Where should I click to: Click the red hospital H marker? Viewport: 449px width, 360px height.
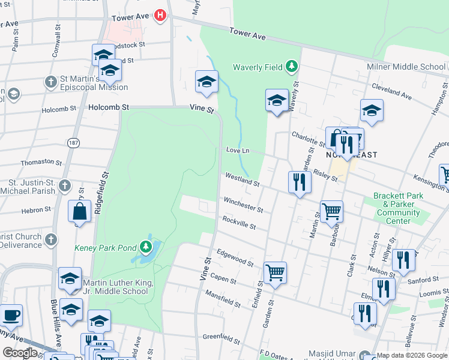coord(160,15)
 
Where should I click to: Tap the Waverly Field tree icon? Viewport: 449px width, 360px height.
coord(292,66)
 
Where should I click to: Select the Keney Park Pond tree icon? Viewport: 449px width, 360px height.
coord(145,247)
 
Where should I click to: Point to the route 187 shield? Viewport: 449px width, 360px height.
coord(73,143)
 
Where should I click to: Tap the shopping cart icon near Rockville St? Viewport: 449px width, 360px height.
coord(331,211)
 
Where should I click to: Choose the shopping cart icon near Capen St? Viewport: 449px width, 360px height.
coord(275,272)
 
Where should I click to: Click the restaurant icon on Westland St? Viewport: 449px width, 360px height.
coord(299,182)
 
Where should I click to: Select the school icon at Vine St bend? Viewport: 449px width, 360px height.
coord(206,82)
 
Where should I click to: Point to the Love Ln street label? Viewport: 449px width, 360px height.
coord(237,150)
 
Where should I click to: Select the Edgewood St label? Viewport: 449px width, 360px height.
coord(235,257)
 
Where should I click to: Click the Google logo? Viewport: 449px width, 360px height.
coord(20,353)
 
